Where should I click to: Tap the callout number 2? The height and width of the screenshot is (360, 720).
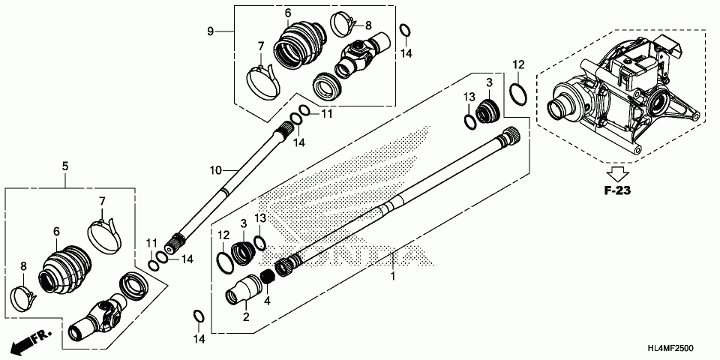(x=245, y=317)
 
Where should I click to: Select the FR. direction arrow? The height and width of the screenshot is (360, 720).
(x=30, y=342)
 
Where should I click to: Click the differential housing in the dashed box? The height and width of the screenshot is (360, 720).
(x=622, y=101)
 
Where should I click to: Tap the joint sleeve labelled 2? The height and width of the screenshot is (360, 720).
(x=241, y=292)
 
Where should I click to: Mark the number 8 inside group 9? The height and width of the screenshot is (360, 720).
(x=368, y=25)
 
